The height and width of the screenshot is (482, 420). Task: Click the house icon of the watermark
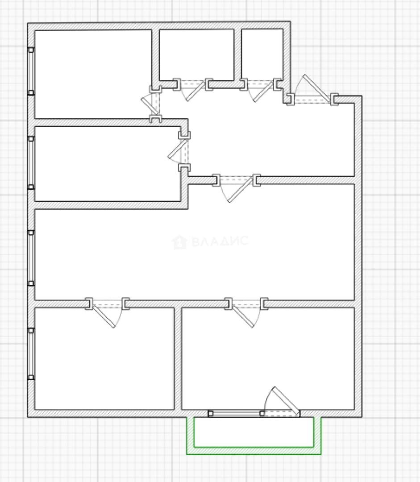(179, 242)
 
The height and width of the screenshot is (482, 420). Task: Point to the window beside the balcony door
(236, 413)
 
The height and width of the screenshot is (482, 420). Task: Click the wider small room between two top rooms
(197, 55)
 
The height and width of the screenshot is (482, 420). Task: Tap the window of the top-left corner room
(31, 71)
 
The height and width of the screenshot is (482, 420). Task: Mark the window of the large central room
(31, 258)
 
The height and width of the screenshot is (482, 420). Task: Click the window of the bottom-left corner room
(31, 354)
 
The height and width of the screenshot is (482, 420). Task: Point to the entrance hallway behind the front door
(270, 138)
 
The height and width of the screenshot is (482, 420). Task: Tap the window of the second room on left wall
(31, 162)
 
